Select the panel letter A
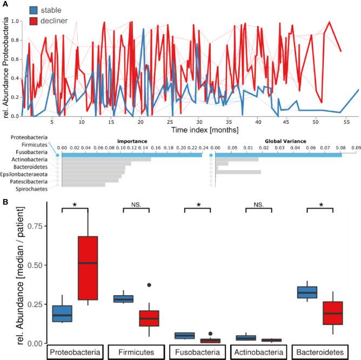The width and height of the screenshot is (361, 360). point(4,4)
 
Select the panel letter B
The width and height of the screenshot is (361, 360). point(4,202)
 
